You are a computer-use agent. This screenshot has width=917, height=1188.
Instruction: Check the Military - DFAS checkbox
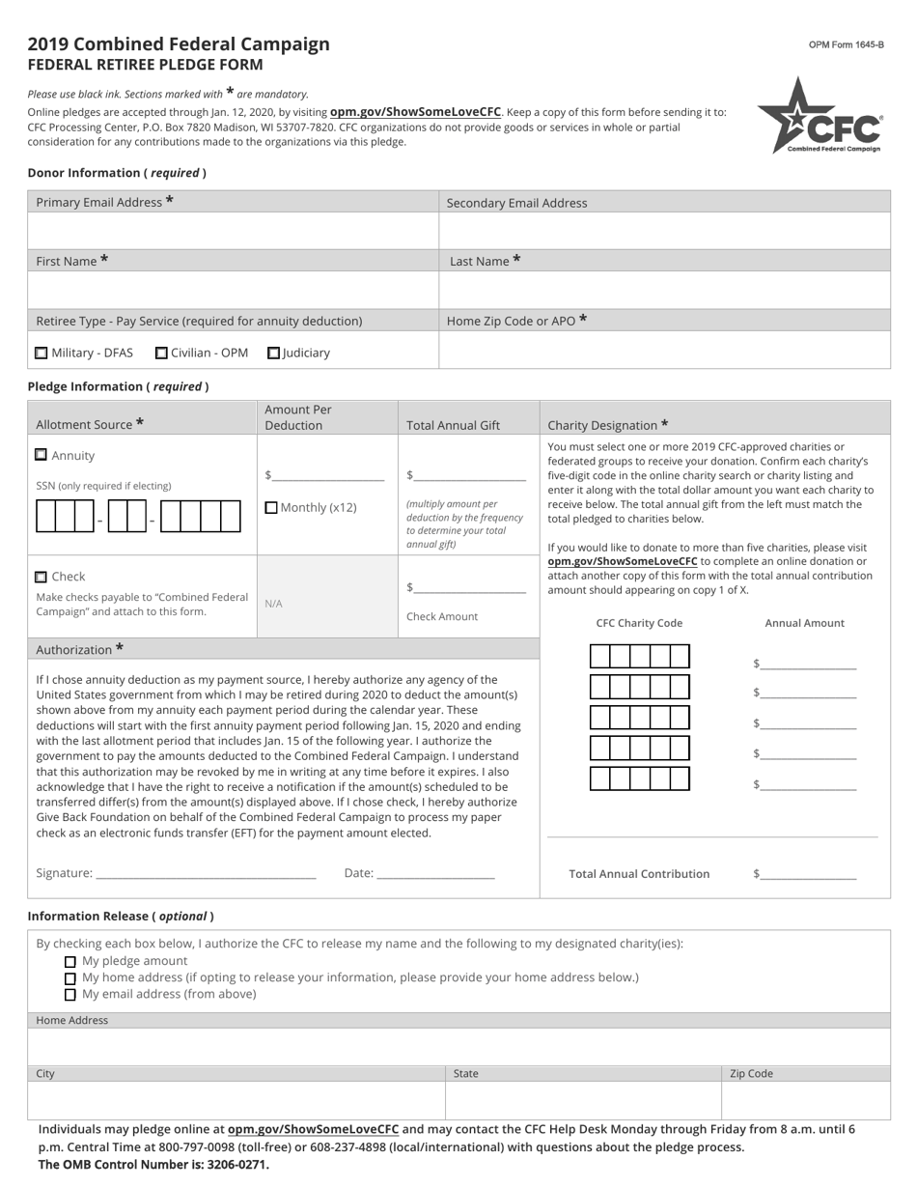pyautogui.click(x=41, y=354)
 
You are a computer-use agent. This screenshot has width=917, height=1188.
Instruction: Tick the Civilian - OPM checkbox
pyautogui.click(x=161, y=354)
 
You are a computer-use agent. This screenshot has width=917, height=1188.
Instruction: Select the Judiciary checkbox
pyautogui.click(x=274, y=354)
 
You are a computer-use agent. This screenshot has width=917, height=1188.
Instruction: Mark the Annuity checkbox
pyautogui.click(x=41, y=455)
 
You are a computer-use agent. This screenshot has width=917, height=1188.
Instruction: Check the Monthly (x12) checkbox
pyautogui.click(x=270, y=507)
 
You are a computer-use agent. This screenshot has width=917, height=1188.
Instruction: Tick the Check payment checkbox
pyautogui.click(x=41, y=577)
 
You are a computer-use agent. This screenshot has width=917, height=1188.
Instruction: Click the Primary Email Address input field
pyautogui.click(x=233, y=231)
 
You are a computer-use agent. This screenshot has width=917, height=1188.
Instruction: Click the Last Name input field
pyautogui.click(x=664, y=290)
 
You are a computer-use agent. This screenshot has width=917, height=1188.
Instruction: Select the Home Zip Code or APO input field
pyautogui.click(x=664, y=350)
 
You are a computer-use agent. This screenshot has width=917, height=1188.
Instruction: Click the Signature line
pyautogui.click(x=206, y=873)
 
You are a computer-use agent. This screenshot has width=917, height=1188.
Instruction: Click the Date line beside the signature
pyautogui.click(x=435, y=873)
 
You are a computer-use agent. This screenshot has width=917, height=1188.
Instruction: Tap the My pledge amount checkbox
pyautogui.click(x=69, y=962)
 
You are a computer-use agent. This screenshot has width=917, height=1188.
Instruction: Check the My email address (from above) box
pyautogui.click(x=69, y=995)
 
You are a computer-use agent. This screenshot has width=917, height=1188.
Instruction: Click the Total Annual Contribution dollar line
pyautogui.click(x=808, y=874)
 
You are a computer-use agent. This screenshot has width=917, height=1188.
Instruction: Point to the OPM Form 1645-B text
pyautogui.click(x=846, y=45)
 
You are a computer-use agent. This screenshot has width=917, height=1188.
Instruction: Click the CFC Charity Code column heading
pyautogui.click(x=639, y=623)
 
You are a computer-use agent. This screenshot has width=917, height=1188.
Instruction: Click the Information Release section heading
pyautogui.click(x=121, y=916)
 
